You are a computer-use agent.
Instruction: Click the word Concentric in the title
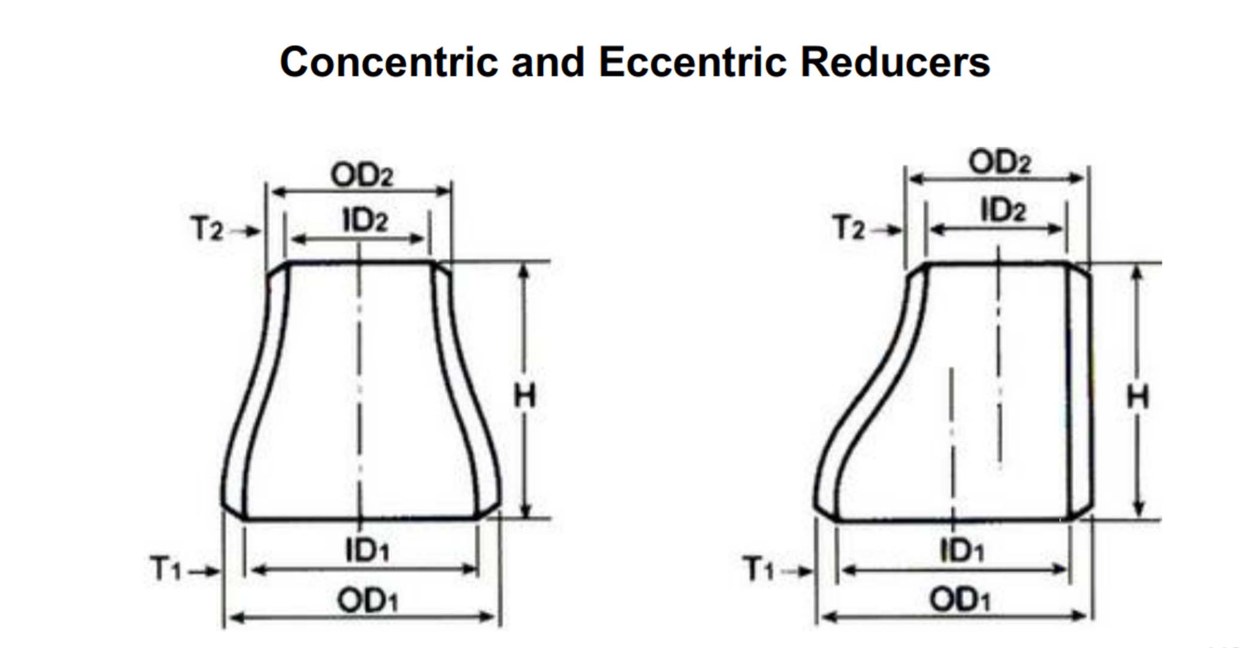389,62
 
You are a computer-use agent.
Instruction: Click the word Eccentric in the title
692,62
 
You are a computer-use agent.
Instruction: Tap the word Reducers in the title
895,62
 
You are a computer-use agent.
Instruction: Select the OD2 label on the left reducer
362,175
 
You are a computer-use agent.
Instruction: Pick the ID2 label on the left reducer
365,220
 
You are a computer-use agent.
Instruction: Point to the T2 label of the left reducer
207,229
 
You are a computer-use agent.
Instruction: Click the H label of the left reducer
524,396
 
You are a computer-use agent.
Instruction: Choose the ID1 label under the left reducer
367,550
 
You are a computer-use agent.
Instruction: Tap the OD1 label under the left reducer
367,600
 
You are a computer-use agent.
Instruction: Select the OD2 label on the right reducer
1000,162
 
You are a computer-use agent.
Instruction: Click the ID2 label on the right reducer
1003,210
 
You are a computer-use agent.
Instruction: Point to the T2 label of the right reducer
849,229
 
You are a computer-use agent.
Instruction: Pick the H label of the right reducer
1137,397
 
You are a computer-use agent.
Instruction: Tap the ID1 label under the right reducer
961,550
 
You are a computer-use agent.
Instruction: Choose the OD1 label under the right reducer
959,599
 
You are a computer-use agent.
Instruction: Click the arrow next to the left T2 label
246,231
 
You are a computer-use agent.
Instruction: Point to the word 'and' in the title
548,62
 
